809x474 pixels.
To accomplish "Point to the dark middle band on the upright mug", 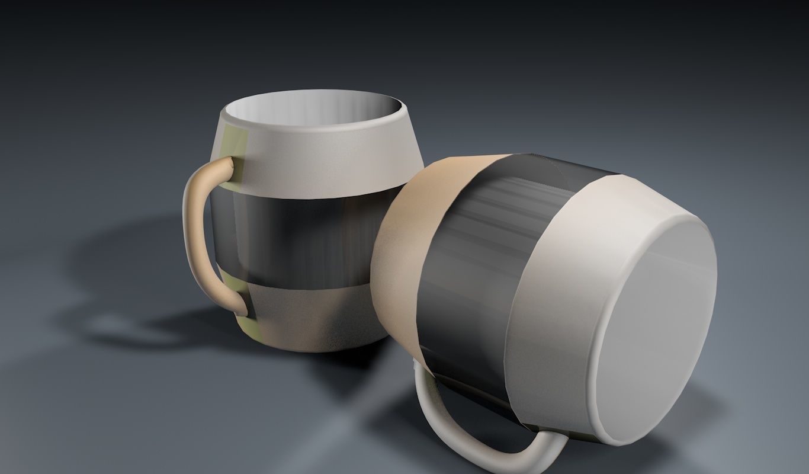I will [296, 237].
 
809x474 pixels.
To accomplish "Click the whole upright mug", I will [308, 225].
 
